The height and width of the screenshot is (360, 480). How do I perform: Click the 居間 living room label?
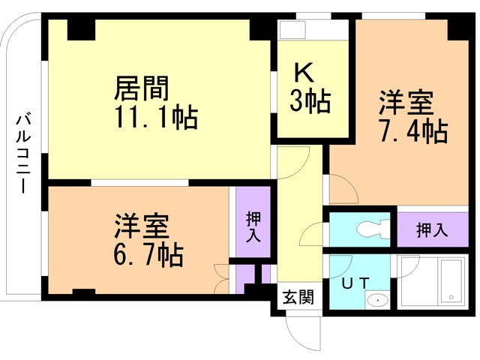(x=142, y=88)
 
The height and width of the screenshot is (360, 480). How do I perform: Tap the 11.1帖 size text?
(x=156, y=118)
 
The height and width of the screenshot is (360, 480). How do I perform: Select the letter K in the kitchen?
(x=304, y=73)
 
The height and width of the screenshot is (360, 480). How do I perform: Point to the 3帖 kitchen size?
(x=310, y=100)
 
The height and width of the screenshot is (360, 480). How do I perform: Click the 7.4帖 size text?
(x=414, y=131)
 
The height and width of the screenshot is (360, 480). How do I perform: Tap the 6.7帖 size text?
(x=148, y=254)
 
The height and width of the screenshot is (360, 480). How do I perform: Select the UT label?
(x=355, y=283)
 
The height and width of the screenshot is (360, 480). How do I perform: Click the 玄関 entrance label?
(x=298, y=297)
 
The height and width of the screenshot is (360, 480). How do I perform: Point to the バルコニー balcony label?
(x=23, y=154)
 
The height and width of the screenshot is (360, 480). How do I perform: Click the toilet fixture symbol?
(x=373, y=229)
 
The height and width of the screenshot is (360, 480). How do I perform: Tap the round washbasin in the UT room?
(x=377, y=300)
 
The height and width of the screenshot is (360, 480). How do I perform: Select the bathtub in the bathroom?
(x=451, y=282)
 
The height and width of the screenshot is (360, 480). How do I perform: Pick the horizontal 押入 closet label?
(x=432, y=230)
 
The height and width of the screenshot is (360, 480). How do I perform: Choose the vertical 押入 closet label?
(x=253, y=226)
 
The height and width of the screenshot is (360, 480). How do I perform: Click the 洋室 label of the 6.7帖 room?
(x=142, y=226)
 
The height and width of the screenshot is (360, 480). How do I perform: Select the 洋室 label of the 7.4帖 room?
(x=406, y=103)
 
